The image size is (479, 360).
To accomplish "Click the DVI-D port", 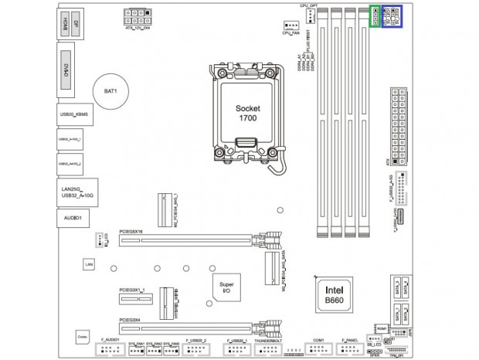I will pos(66,69).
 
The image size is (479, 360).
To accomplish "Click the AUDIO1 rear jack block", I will pos(74,219).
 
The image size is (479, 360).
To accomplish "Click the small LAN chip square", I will pos(89,264).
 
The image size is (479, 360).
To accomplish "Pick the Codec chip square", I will pos(82,336).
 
